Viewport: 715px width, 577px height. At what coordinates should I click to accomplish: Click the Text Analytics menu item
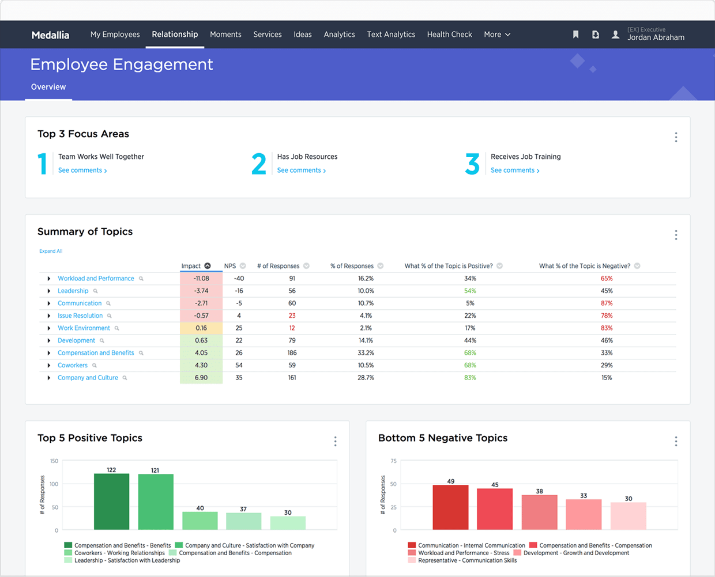coord(391,35)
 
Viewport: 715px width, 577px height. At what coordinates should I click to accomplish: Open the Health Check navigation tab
coord(449,35)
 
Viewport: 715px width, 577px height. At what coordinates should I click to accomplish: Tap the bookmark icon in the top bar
coord(575,35)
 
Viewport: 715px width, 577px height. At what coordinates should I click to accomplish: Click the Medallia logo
coord(50,35)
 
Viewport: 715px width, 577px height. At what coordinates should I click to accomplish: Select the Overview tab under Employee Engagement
coord(48,87)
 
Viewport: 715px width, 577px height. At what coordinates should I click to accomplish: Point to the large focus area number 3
coord(472,164)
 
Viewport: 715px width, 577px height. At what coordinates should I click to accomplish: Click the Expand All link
coord(51,251)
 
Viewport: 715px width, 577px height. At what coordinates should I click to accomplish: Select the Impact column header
coord(191,266)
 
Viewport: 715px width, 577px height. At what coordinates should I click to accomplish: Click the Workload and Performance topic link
coord(96,279)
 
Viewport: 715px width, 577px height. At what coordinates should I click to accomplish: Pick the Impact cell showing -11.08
coord(201,279)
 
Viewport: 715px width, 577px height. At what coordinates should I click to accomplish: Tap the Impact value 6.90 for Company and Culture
coord(201,378)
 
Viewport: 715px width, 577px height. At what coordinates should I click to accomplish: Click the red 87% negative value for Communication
coord(607,303)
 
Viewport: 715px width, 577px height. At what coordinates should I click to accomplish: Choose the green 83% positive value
coord(470,378)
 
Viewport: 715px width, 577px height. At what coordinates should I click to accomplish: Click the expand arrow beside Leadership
coord(49,291)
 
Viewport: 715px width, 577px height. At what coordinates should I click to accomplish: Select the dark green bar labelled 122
coord(111,501)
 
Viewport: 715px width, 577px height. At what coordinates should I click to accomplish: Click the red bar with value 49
coord(450,507)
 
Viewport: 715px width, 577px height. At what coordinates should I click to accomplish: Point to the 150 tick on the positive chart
coord(54,461)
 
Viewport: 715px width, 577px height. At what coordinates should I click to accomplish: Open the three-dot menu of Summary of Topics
coord(676,235)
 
